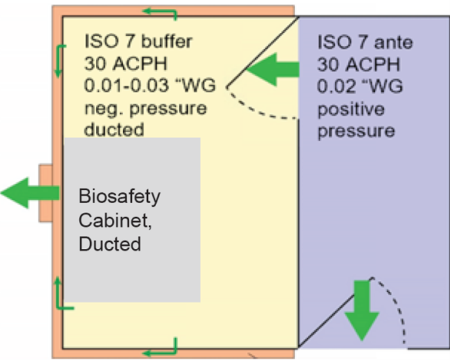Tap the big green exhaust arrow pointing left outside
[29, 193]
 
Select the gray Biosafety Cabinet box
[132, 219]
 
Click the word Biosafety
[119, 196]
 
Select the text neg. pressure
[145, 107]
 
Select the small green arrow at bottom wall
[160, 350]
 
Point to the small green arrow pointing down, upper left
[59, 61]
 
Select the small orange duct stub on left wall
[45, 193]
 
